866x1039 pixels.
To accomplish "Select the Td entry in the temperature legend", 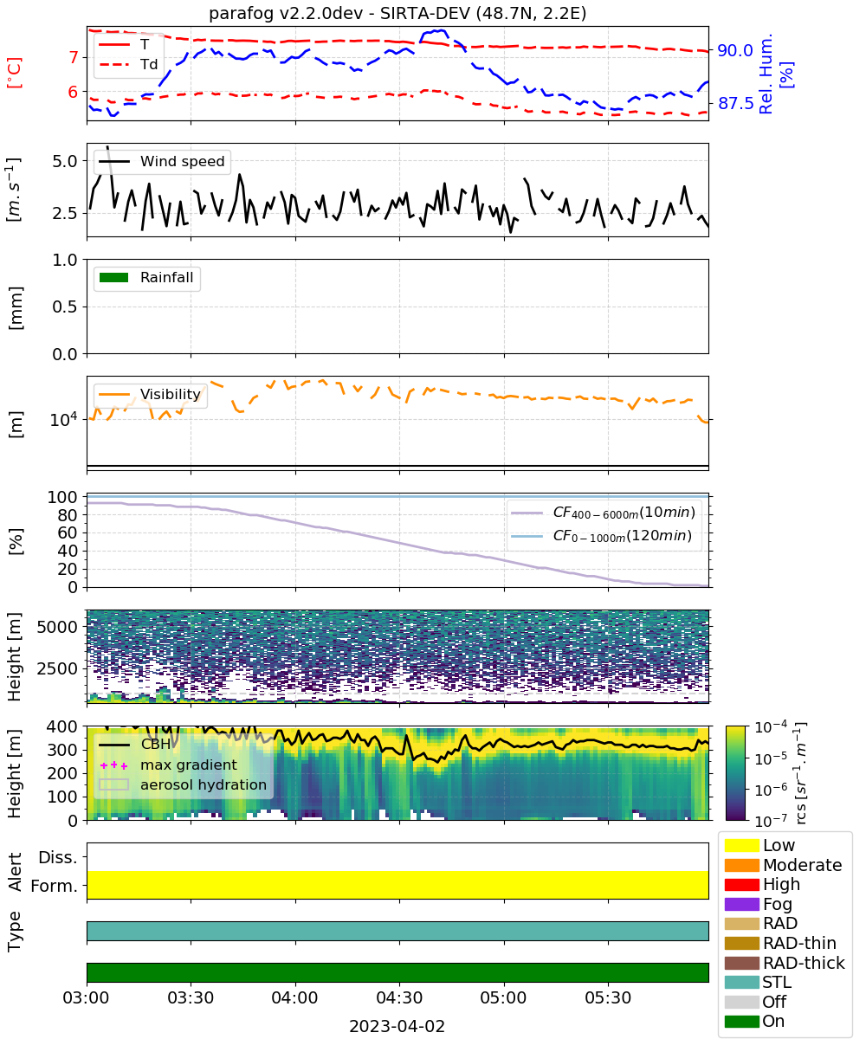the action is coord(128,65).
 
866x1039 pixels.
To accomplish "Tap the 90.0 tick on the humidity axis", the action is coord(734,50).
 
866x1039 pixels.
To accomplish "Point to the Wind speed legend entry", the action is coord(162,161).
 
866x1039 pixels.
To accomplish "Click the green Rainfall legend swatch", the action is coord(114,278).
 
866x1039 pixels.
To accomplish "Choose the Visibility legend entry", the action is coord(149,394).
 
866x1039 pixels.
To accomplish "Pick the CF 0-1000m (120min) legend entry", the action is coord(602,536).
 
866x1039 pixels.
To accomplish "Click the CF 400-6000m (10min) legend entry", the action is coord(603,513).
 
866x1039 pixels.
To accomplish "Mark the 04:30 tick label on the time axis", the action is coord(399,997).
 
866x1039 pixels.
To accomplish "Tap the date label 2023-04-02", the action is coord(397,1026).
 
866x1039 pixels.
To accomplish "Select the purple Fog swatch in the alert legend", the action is coord(741,904).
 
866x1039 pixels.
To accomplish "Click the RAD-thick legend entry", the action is coord(785,962).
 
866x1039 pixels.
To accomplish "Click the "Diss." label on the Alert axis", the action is coord(58,857).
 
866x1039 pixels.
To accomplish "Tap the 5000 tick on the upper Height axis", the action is coord(57,627).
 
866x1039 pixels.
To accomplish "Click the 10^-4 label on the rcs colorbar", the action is coord(771,727).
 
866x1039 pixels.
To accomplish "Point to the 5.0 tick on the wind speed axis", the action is coord(65,161).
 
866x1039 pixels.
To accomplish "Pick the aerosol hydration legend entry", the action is coord(183,784).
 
